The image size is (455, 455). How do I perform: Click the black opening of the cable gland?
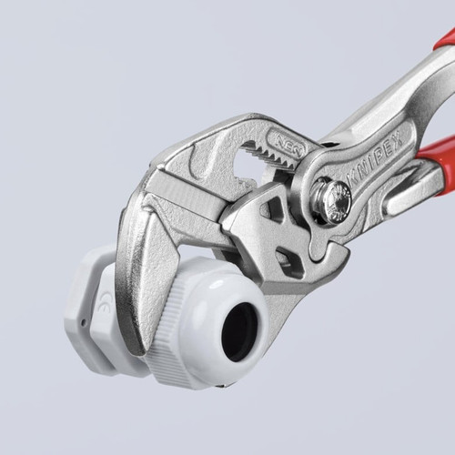tap(239, 329)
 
